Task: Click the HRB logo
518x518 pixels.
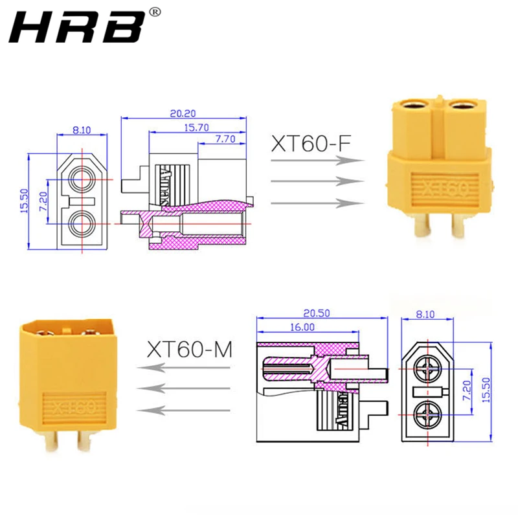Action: coord(76,27)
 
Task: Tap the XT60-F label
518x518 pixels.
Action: coord(311,144)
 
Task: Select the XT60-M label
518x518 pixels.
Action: coord(190,350)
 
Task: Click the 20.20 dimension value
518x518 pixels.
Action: coord(183,113)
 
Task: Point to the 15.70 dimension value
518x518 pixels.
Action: coord(196,128)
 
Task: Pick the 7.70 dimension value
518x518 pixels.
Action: coord(225,139)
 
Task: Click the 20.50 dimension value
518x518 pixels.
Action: coord(317,313)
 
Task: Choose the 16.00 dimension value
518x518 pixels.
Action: coord(302,327)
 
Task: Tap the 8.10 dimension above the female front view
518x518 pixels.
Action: coord(82,130)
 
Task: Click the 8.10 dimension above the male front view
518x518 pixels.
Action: coord(425,314)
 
